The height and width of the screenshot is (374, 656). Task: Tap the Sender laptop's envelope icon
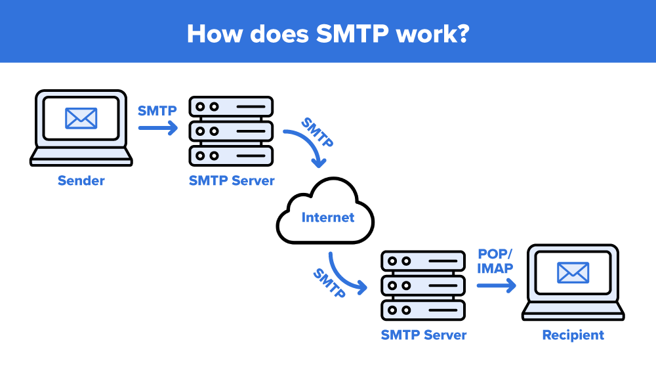81,118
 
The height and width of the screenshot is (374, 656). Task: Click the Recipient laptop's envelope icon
573,272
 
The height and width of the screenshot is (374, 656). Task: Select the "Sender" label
81,180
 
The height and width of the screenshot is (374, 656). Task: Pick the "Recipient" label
573,335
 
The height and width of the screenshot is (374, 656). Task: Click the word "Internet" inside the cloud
327,217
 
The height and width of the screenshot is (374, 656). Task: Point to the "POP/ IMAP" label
495,261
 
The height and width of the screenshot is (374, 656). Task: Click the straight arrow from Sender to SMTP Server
157,129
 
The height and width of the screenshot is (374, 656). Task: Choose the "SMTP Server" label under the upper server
232,180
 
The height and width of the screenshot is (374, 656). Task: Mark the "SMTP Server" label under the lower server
423,335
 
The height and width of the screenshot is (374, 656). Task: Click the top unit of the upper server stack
231,106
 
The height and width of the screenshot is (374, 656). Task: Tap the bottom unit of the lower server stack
423,309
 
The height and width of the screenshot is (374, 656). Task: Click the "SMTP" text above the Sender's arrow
157,111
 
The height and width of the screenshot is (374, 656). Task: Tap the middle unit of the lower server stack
423,285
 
